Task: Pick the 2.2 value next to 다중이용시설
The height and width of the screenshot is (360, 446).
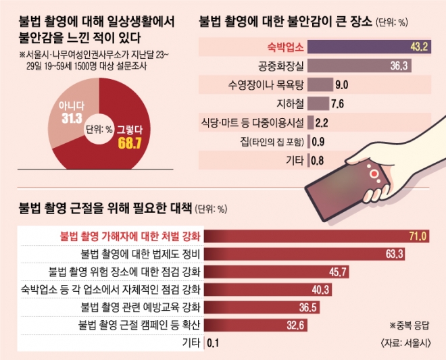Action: (x=322, y=122)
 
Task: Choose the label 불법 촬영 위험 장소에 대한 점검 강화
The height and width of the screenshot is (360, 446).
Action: (x=125, y=272)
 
